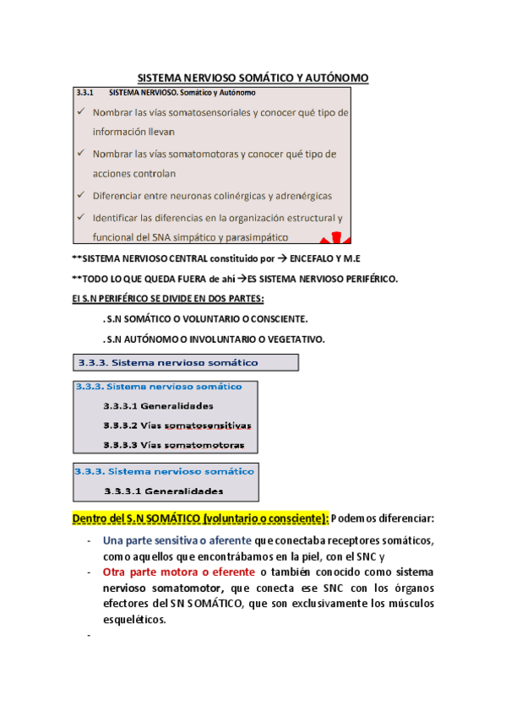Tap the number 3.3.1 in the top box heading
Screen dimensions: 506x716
point(84,92)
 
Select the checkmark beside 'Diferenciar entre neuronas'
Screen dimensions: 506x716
point(79,195)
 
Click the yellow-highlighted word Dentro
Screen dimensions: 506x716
point(91,517)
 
